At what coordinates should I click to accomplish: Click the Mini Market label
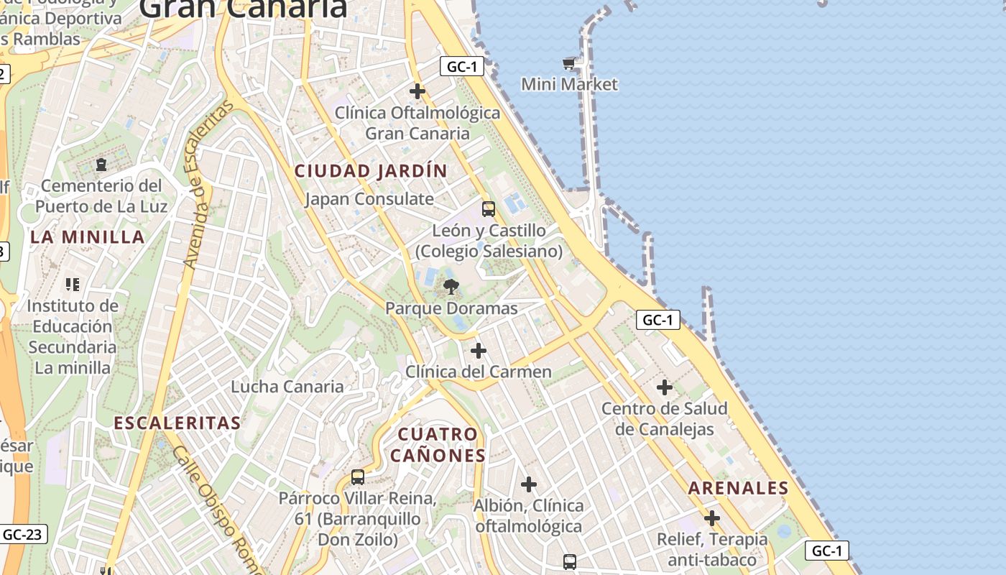pos(569,84)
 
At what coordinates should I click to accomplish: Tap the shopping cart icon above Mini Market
pos(569,64)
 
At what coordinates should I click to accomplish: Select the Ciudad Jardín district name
pos(371,171)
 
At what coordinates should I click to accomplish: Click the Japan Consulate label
pos(369,199)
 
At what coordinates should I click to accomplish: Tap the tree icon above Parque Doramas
pos(451,287)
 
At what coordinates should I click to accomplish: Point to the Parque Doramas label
pos(451,308)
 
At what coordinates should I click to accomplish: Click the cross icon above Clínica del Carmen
pos(479,351)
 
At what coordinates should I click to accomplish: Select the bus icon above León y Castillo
pos(489,209)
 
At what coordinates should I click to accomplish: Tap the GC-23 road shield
pos(24,534)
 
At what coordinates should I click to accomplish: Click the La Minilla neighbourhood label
pos(88,237)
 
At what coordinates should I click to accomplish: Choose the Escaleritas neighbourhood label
pos(177,423)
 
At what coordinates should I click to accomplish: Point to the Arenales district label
pos(739,488)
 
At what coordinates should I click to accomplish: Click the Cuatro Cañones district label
pos(438,445)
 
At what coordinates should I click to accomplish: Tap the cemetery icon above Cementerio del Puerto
pos(101,165)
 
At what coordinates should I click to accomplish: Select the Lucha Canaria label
pos(287,387)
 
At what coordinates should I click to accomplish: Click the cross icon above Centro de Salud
pos(665,388)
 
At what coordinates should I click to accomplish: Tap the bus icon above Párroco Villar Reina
pos(358,477)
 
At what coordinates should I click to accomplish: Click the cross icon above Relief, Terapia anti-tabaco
pos(712,518)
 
